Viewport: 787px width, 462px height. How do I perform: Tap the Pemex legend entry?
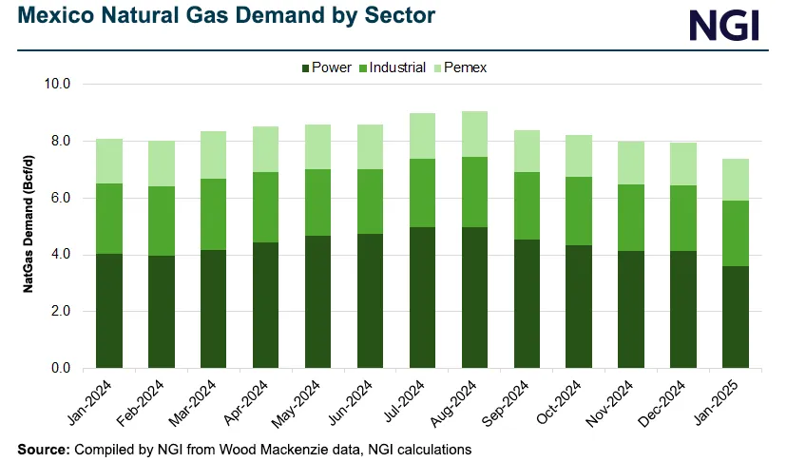[x=464, y=67]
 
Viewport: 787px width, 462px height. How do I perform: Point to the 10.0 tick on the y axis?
[x=58, y=84]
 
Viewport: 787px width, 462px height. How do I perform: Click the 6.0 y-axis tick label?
[x=58, y=198]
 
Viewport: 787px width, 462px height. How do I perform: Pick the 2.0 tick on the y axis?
[x=58, y=311]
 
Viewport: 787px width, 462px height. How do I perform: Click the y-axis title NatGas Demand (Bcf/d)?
[x=29, y=225]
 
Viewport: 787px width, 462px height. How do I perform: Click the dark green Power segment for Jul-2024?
[x=423, y=297]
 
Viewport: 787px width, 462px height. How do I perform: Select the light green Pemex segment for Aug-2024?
[x=475, y=134]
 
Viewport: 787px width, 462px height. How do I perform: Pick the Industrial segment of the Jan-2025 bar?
[x=737, y=233]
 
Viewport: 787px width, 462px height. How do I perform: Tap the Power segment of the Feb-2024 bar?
[x=162, y=311]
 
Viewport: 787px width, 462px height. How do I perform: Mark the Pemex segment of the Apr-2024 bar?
[x=266, y=149]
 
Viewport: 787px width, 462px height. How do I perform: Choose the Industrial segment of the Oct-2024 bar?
[x=580, y=211]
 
